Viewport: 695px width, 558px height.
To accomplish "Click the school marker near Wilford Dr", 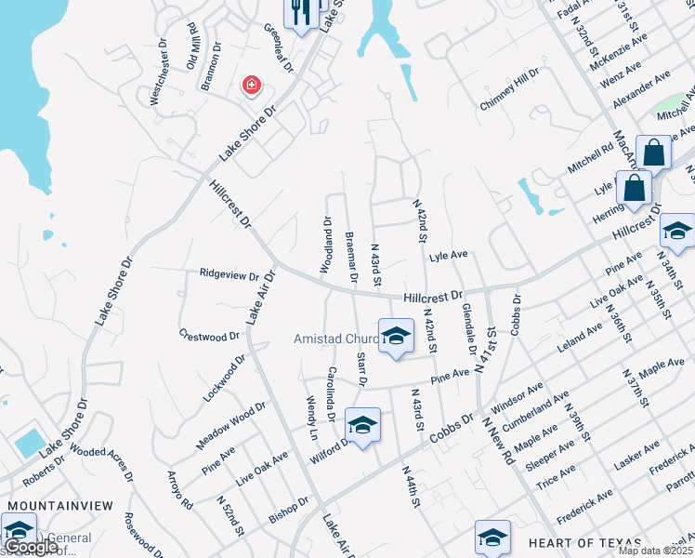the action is click(362, 425).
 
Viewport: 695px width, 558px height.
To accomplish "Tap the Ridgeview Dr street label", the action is click(229, 275).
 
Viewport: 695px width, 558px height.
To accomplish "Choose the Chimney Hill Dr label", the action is click(509, 90).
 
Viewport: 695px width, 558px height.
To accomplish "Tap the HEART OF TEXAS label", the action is click(584, 543).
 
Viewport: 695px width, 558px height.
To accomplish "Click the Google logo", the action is click(33, 547).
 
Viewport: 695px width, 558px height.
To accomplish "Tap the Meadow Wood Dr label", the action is click(231, 425).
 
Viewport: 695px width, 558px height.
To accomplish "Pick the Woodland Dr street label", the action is click(326, 246).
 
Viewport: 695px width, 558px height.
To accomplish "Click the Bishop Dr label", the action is click(287, 509).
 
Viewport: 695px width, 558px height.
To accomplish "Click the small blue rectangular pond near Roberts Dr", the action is click(30, 443).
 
